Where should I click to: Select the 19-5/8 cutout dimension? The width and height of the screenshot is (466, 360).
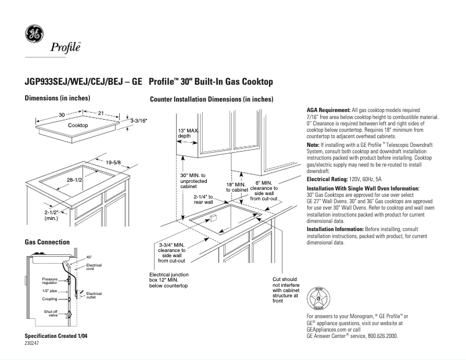pos(112,161)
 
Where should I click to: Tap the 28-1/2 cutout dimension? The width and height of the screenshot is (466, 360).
pos(74,181)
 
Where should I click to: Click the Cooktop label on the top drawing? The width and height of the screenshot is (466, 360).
pos(78,125)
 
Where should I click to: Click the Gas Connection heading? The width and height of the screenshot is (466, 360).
pos(47,242)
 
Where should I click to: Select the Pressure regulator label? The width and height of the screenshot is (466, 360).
pos(50,281)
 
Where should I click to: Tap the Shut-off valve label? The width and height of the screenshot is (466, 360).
pos(51,314)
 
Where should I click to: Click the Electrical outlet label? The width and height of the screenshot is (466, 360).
pos(94,296)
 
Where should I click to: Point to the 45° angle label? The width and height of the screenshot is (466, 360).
pos(89,257)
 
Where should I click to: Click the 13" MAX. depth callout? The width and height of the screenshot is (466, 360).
pos(188,134)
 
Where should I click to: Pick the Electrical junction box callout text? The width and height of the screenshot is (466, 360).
pos(169,280)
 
